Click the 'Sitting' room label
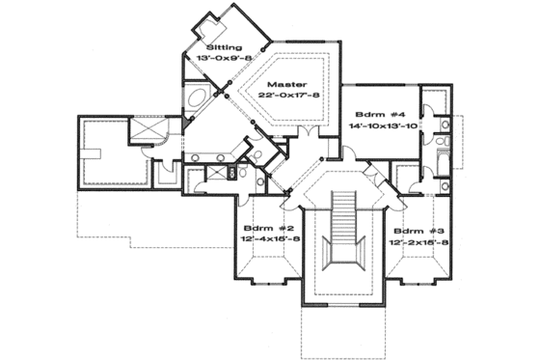(225, 46)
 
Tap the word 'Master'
(286, 84)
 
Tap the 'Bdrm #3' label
(414, 232)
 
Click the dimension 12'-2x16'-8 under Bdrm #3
(418, 244)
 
